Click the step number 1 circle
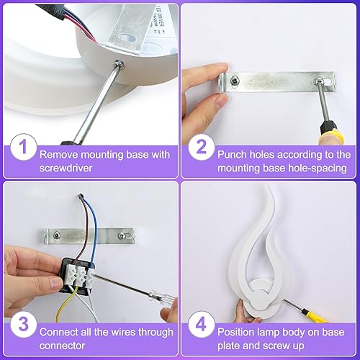[x=22, y=149]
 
